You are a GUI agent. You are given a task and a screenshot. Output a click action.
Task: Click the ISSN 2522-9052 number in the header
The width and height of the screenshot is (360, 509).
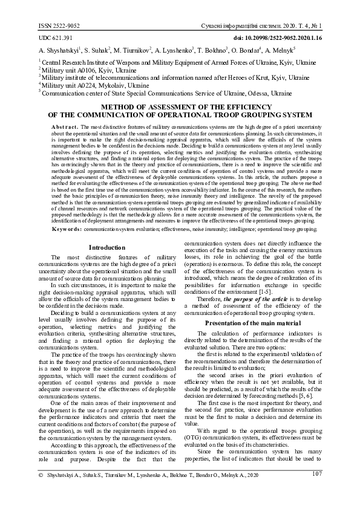(x=59, y=26)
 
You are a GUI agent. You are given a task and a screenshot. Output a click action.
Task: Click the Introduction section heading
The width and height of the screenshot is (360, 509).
(x=106, y=248)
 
